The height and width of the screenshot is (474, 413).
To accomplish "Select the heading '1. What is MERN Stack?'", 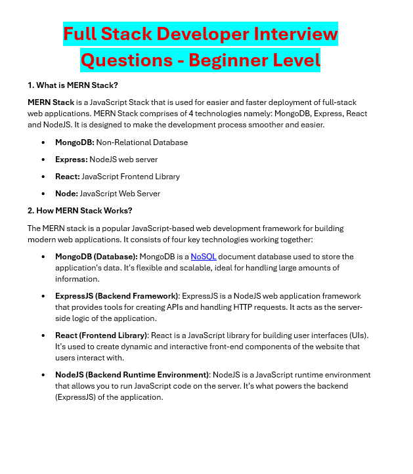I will click(x=72, y=85).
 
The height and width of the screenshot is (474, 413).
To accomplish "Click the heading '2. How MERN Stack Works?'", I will click(x=79, y=211).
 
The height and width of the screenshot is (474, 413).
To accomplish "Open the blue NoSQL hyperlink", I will click(x=204, y=257).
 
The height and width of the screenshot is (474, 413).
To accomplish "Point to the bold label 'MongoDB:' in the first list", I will click(x=75, y=142).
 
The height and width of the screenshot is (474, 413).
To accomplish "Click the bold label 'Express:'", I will click(x=72, y=160).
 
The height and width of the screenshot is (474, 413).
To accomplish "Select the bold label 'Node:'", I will click(x=67, y=194).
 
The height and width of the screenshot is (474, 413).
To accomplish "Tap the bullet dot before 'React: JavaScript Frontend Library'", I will click(x=43, y=177).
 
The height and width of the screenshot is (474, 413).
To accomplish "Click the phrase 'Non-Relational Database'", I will click(x=142, y=142).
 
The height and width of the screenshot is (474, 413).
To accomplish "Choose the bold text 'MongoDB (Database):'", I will click(x=97, y=257).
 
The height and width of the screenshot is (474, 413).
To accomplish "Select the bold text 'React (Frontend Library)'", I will click(x=102, y=335).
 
